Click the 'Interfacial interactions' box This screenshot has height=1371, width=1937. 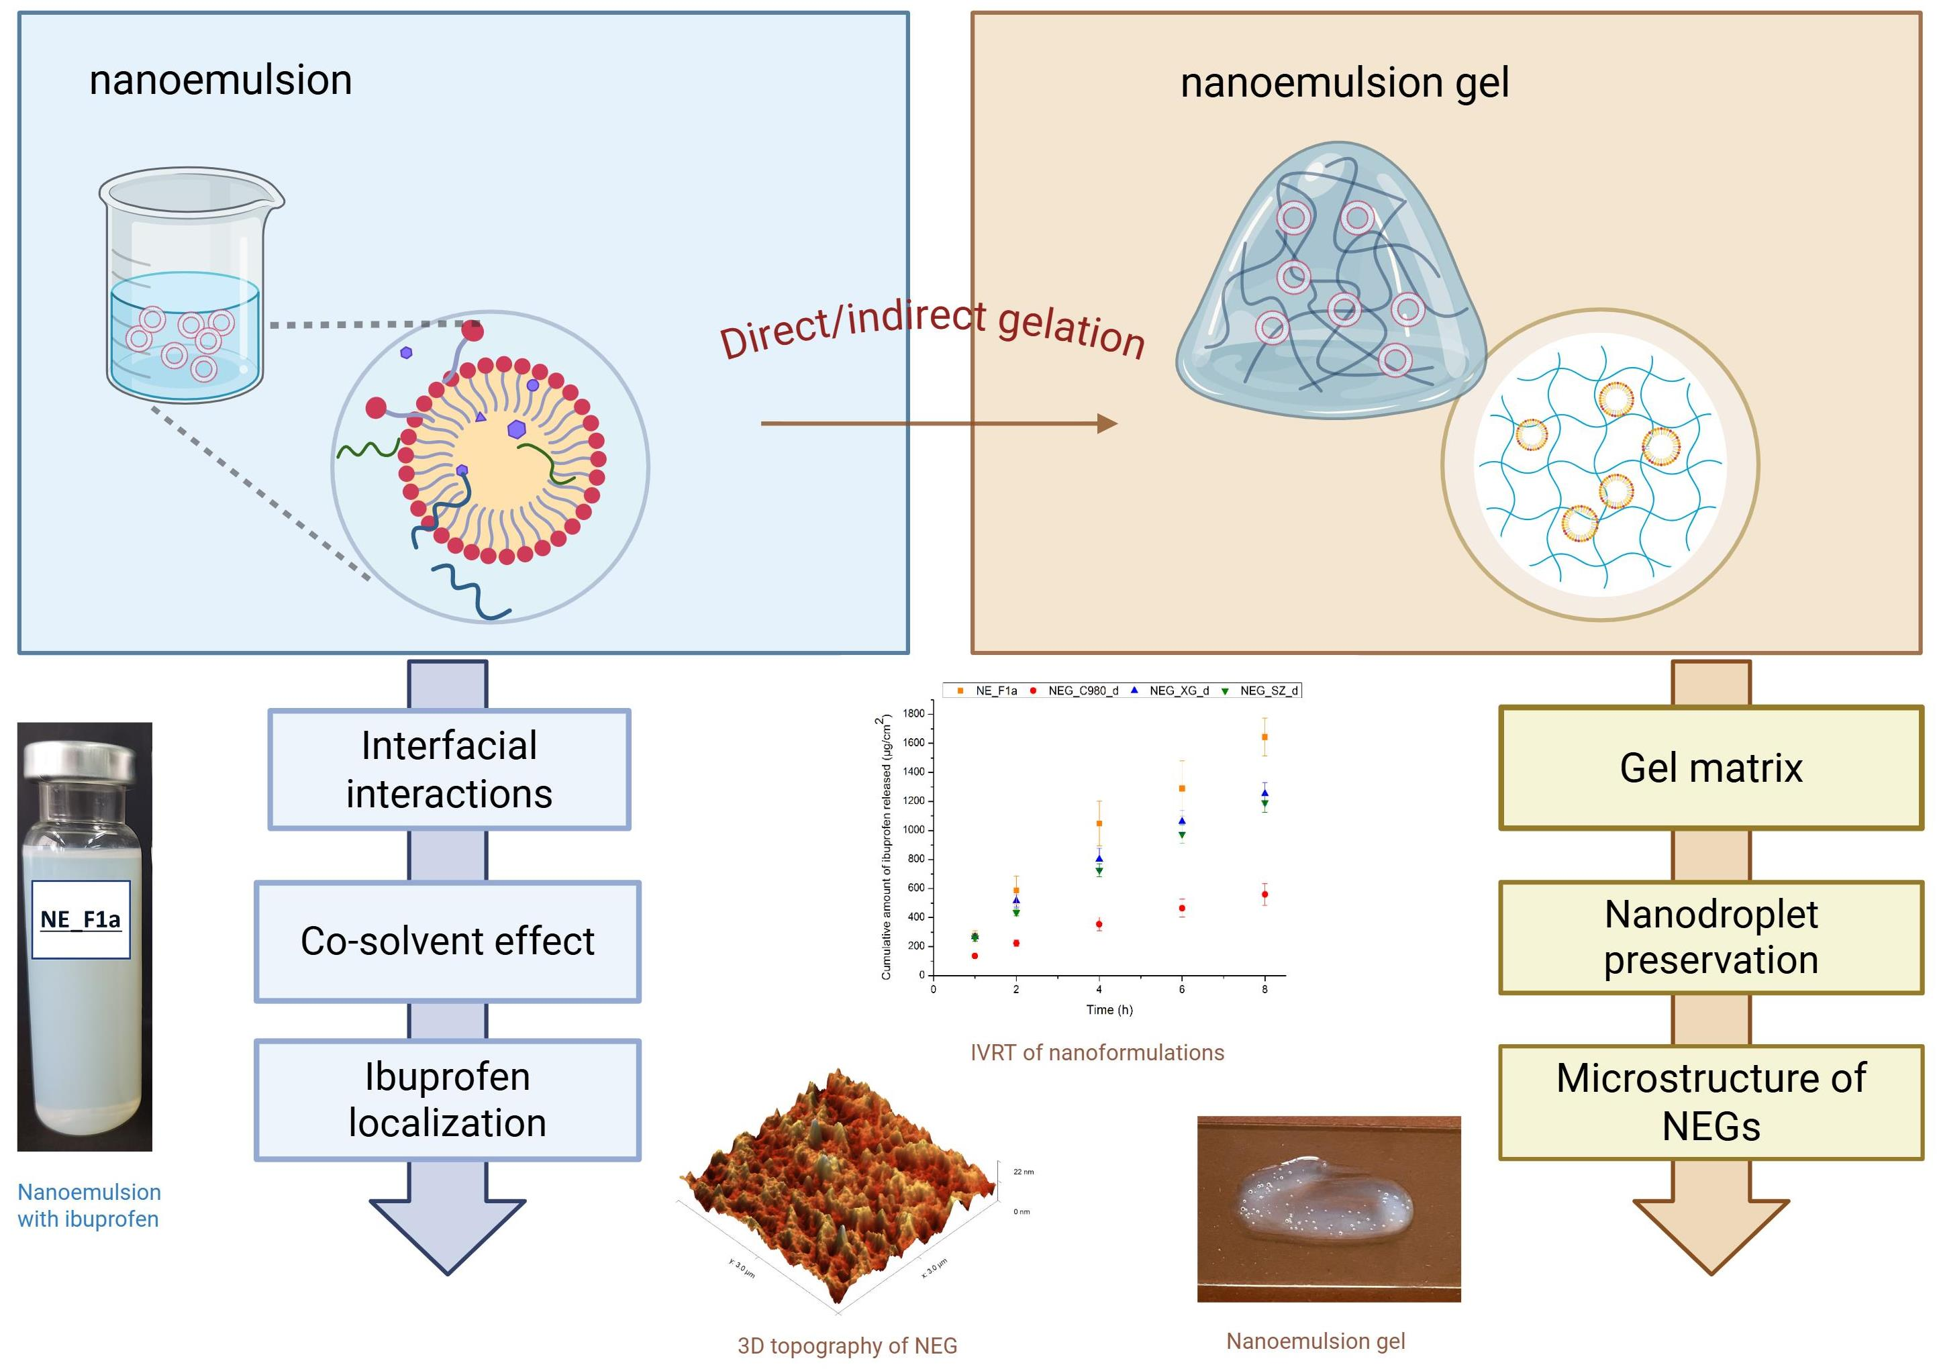tap(448, 769)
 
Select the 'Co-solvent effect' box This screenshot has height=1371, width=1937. tap(448, 942)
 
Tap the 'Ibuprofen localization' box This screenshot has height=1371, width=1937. tap(448, 1099)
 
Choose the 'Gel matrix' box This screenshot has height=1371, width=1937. tap(1711, 768)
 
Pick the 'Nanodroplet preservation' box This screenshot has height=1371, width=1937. tap(1711, 937)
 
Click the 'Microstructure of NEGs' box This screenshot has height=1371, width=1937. tap(1711, 1102)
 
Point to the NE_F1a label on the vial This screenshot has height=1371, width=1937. tap(81, 919)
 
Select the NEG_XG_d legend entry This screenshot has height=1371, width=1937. tap(1179, 691)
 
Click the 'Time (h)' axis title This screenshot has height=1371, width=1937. tap(1109, 1010)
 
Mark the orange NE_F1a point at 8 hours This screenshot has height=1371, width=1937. tap(1264, 737)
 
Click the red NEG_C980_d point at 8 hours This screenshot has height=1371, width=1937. tap(1264, 894)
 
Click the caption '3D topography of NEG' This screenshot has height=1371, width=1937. tap(847, 1345)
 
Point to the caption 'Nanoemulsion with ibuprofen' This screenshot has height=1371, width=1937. tap(89, 1205)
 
